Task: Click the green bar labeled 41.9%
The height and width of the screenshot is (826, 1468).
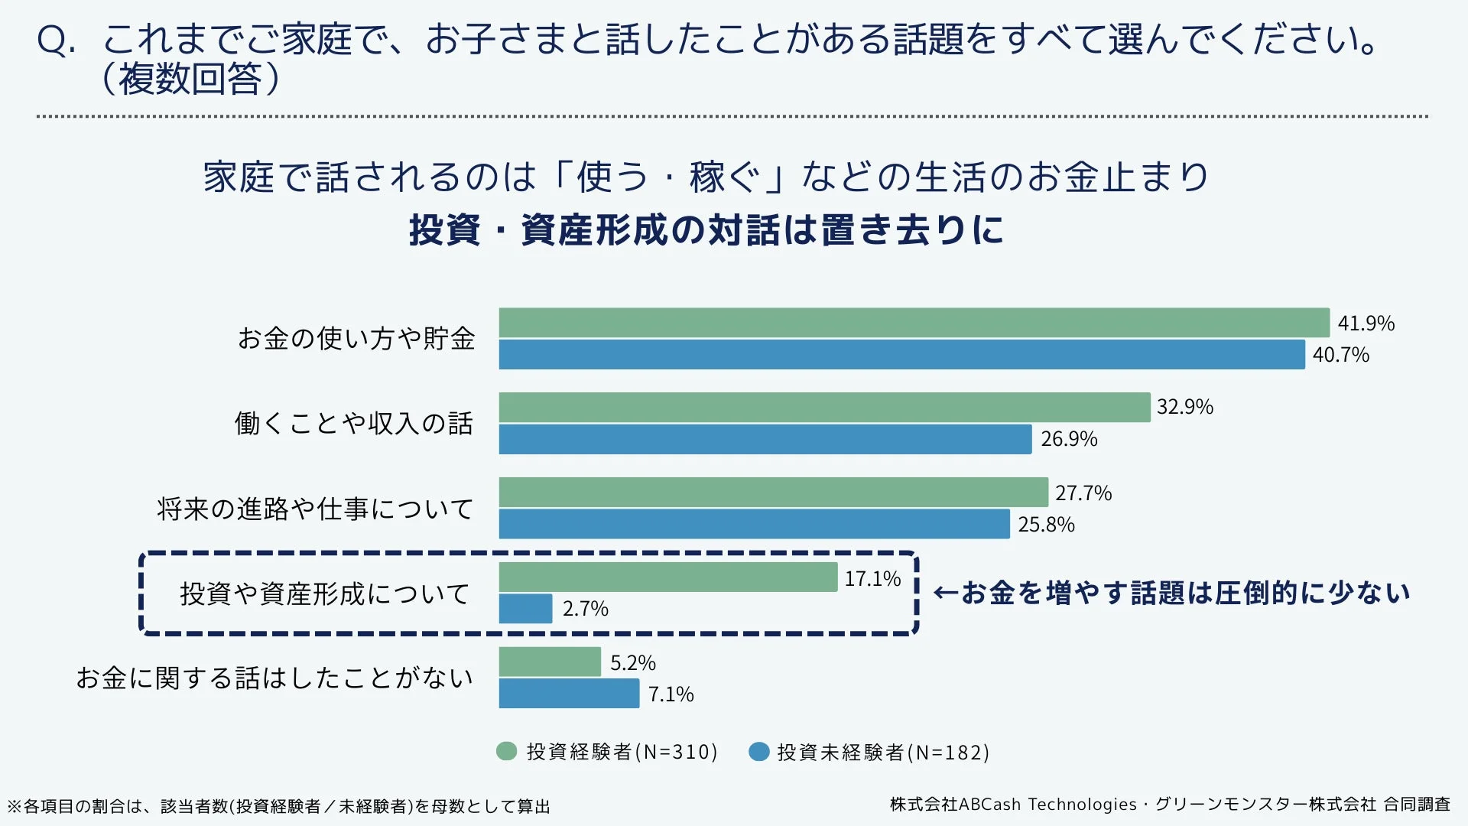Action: (914, 323)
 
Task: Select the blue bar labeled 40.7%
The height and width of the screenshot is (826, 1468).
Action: (901, 355)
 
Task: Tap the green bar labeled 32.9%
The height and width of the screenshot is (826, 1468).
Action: (824, 408)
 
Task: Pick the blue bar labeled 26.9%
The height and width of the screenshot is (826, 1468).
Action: (765, 440)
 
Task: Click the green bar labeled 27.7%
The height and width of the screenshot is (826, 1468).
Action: (773, 493)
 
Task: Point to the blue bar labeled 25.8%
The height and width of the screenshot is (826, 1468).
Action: (754, 525)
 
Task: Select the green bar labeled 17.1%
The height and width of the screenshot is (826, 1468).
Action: (667, 577)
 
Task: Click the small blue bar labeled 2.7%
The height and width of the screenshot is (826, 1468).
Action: (525, 609)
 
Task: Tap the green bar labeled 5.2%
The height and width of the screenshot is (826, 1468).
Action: (550, 662)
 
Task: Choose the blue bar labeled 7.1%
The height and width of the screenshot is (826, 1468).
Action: (569, 694)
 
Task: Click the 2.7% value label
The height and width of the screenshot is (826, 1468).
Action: (585, 609)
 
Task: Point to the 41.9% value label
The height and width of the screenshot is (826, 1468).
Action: (1366, 324)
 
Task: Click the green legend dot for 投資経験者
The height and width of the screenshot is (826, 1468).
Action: (506, 752)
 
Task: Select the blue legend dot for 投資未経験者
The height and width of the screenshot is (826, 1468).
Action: (758, 752)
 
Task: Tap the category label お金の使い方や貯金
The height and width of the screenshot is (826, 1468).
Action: (356, 339)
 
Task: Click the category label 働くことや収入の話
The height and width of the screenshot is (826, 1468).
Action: (353, 423)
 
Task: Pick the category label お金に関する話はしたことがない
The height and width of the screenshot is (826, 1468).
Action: (274, 678)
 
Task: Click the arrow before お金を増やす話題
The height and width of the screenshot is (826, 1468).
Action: (946, 593)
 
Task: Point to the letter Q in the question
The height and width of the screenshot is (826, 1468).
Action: (53, 41)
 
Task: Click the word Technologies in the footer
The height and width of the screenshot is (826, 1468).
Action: (1082, 805)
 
